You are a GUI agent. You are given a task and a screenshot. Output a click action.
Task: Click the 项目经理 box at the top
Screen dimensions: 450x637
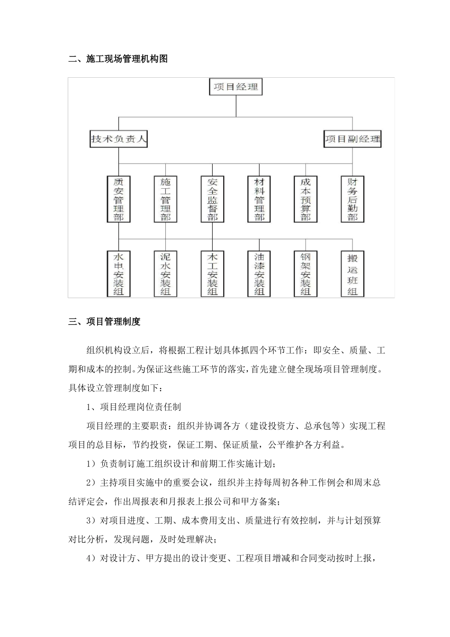pos(235,87)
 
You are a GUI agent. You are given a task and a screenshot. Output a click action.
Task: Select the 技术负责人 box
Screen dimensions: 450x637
pos(119,139)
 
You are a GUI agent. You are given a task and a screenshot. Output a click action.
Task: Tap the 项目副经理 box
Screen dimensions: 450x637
pos(352,139)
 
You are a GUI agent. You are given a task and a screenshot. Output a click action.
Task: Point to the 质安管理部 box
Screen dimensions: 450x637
pos(119,199)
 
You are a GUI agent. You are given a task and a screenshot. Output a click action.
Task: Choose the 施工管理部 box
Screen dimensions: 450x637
pos(165,199)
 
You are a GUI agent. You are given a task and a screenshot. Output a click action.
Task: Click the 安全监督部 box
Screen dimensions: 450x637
pos(212,199)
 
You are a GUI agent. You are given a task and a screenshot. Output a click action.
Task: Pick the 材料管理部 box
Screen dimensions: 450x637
pos(259,199)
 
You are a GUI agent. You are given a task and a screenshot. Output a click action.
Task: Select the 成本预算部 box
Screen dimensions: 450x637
pos(306,199)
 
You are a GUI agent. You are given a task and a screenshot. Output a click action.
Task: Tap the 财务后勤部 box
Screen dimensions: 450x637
pos(352,199)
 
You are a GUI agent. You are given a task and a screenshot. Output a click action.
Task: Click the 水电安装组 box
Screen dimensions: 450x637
pos(119,274)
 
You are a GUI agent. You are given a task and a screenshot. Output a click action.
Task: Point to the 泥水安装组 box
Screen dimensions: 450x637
pos(165,274)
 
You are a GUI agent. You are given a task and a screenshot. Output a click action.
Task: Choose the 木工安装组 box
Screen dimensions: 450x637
pos(212,274)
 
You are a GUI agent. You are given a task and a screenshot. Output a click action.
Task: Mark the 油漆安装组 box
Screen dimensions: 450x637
pos(259,274)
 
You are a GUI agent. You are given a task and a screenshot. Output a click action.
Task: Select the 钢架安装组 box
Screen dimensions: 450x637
pos(306,274)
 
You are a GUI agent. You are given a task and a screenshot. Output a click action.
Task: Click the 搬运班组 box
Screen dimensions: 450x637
pos(352,274)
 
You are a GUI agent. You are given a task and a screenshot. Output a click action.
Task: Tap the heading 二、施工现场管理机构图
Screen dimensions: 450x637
pos(118,59)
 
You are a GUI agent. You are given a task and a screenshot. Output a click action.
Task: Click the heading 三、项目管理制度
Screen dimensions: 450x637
pos(104,322)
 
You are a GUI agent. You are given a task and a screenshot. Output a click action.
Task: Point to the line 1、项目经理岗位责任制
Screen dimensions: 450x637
pos(134,407)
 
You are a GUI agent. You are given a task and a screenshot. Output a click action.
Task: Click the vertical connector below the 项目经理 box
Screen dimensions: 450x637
pos(235,106)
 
